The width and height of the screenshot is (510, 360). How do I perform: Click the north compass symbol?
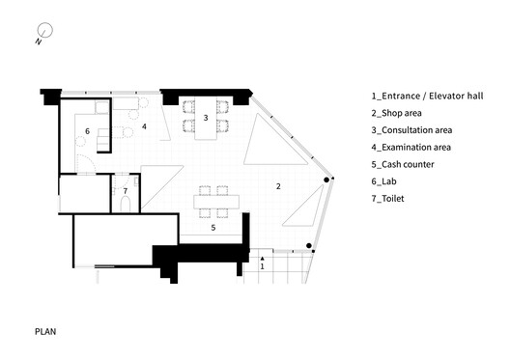(x=44, y=31)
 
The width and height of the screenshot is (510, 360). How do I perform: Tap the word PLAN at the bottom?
(x=45, y=332)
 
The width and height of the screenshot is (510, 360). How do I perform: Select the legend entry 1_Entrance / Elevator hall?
(x=427, y=97)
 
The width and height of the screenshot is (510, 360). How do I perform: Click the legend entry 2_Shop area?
(x=396, y=113)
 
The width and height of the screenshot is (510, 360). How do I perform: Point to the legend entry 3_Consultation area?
(x=411, y=130)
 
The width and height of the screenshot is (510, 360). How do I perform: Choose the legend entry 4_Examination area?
(x=411, y=148)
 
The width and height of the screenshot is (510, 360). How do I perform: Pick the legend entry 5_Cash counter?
(x=403, y=164)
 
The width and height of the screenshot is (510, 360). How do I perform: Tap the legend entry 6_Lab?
(x=383, y=181)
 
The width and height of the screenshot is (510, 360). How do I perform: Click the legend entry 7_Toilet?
(x=387, y=199)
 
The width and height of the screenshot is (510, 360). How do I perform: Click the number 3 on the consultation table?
(x=206, y=118)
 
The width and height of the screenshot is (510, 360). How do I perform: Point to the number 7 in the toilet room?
(x=126, y=191)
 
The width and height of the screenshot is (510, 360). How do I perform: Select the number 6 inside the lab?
(x=87, y=131)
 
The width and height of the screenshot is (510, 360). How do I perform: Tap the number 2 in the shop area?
(x=278, y=186)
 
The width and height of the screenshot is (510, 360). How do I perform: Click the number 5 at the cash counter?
(x=213, y=228)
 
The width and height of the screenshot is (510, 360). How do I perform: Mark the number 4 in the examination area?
(x=144, y=126)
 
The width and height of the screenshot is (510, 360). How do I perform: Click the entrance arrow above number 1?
(x=262, y=259)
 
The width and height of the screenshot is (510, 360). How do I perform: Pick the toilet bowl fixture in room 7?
(x=126, y=205)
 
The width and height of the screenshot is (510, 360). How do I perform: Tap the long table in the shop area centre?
(x=216, y=202)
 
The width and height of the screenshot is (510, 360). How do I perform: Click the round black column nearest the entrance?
(x=309, y=246)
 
